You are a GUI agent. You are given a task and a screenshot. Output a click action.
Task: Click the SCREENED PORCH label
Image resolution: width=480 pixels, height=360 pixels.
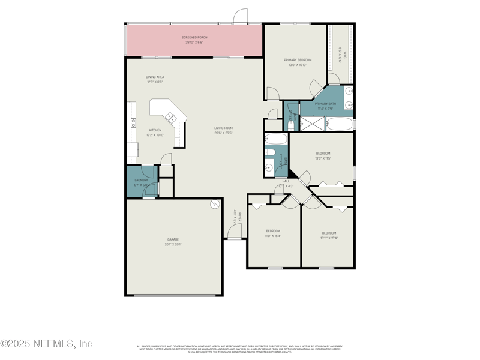coord(194,38)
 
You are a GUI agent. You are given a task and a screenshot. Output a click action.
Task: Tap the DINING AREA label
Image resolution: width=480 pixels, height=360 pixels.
coord(155,77)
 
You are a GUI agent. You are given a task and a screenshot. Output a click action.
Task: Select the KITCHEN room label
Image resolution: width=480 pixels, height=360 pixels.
coord(155,130)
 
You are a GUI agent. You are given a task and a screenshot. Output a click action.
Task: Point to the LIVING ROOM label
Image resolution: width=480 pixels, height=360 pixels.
coord(224,128)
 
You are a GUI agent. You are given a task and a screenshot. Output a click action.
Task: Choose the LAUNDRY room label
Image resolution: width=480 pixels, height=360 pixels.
coord(141,179)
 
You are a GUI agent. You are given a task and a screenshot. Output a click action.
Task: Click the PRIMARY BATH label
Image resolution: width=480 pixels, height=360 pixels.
coord(325,104)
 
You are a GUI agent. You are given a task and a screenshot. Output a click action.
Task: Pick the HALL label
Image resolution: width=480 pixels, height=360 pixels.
coord(286,181)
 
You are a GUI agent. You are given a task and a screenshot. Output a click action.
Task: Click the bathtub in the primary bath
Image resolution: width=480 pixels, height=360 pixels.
coord(340,124)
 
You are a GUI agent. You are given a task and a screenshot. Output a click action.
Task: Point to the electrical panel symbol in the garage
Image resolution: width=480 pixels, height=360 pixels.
coord(214,205)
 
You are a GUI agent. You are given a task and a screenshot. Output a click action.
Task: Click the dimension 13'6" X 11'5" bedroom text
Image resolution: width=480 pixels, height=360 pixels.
coord(323,158)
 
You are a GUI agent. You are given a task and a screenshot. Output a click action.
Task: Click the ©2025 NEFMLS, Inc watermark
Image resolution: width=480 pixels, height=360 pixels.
coord(46,344)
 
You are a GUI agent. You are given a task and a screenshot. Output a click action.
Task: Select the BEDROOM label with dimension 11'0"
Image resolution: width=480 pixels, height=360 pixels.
coord(273,231)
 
